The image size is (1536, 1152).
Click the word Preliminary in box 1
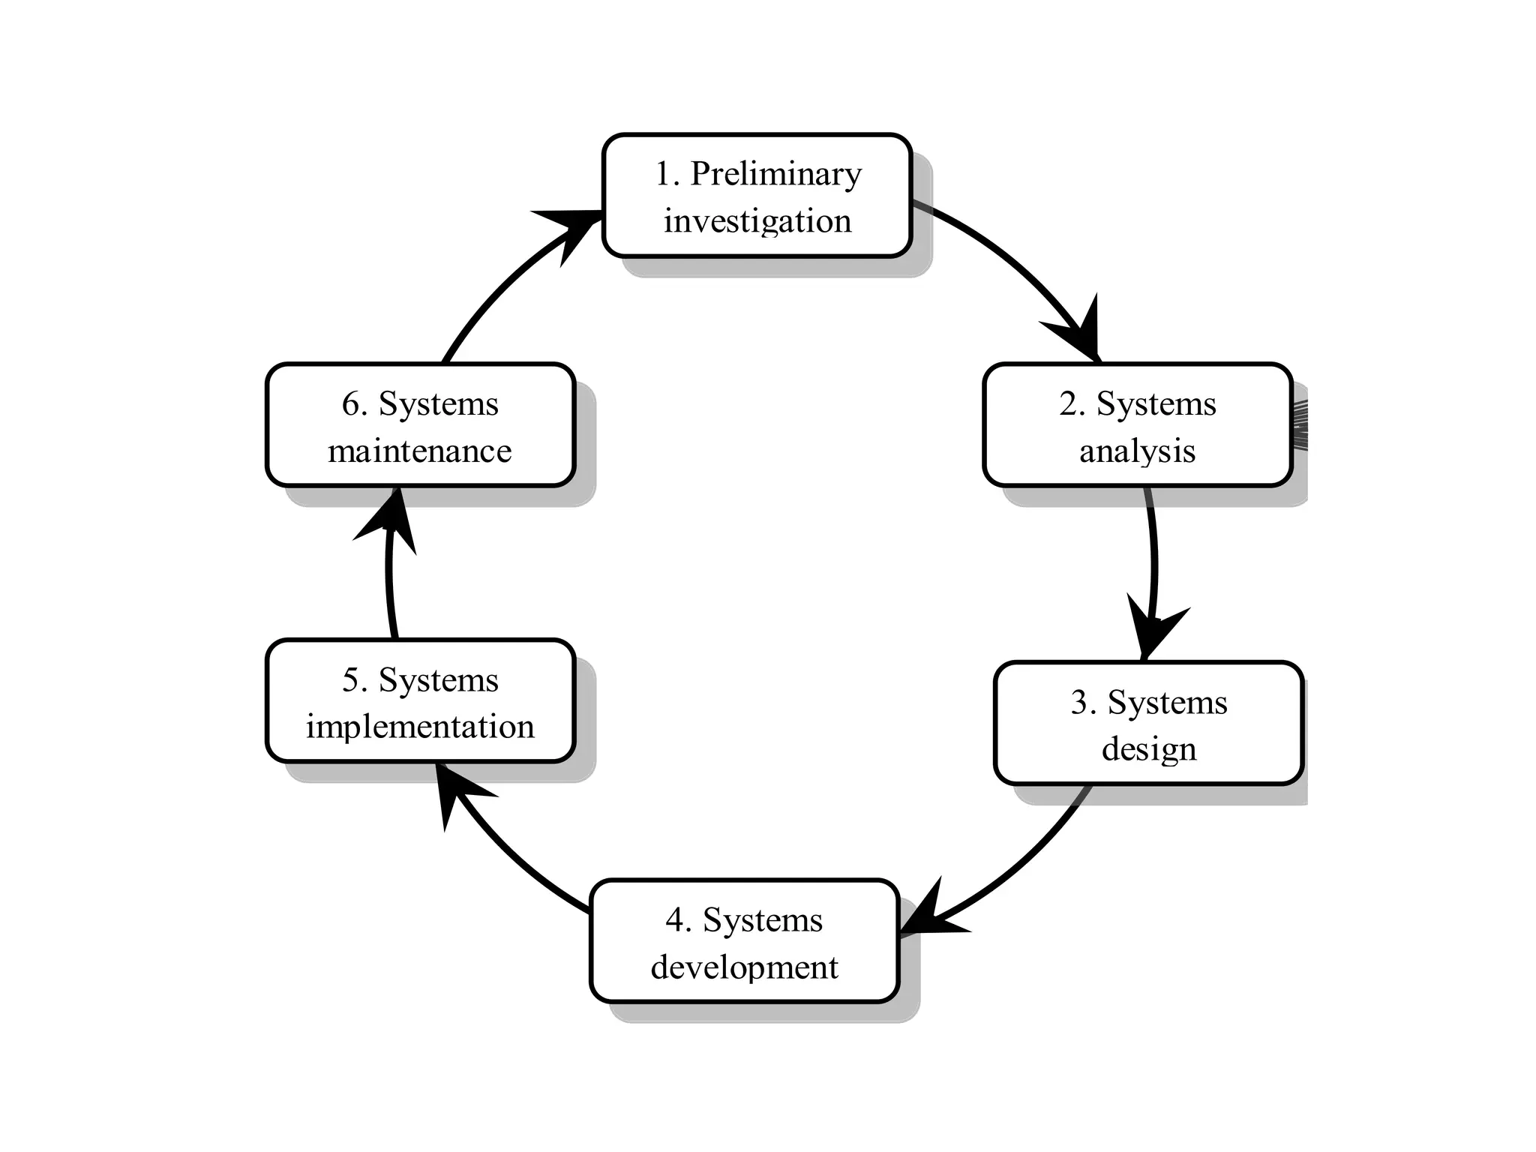(x=775, y=175)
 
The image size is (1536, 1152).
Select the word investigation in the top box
(x=757, y=222)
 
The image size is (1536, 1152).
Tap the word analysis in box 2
(x=1137, y=451)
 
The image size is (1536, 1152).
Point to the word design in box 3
(x=1148, y=749)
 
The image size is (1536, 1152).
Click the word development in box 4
(x=744, y=967)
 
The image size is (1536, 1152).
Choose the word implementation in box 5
(x=420, y=727)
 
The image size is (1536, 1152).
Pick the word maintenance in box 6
(x=420, y=451)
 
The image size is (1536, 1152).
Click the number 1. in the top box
(x=667, y=175)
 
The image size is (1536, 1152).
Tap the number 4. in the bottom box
(x=678, y=921)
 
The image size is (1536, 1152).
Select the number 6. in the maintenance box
(x=355, y=405)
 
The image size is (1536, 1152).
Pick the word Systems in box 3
(x=1167, y=703)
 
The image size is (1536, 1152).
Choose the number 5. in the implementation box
(x=355, y=681)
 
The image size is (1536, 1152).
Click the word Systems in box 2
(x=1156, y=405)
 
